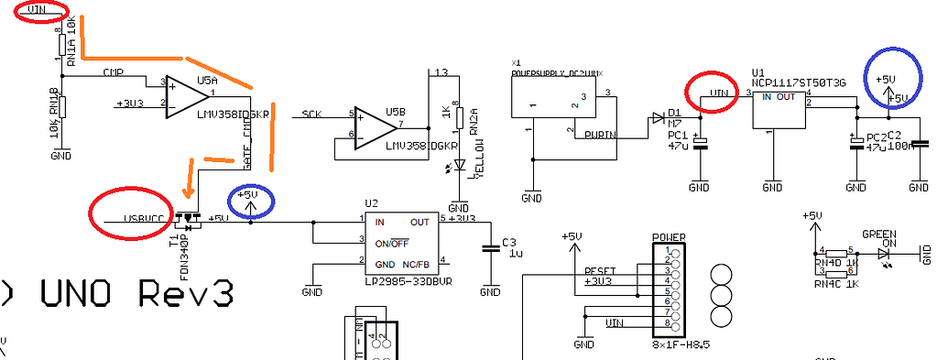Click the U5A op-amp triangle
click(186, 97)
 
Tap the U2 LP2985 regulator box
click(402, 243)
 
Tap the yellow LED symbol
click(460, 166)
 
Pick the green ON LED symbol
click(884, 253)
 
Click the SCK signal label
click(312, 115)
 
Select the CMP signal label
click(113, 72)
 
